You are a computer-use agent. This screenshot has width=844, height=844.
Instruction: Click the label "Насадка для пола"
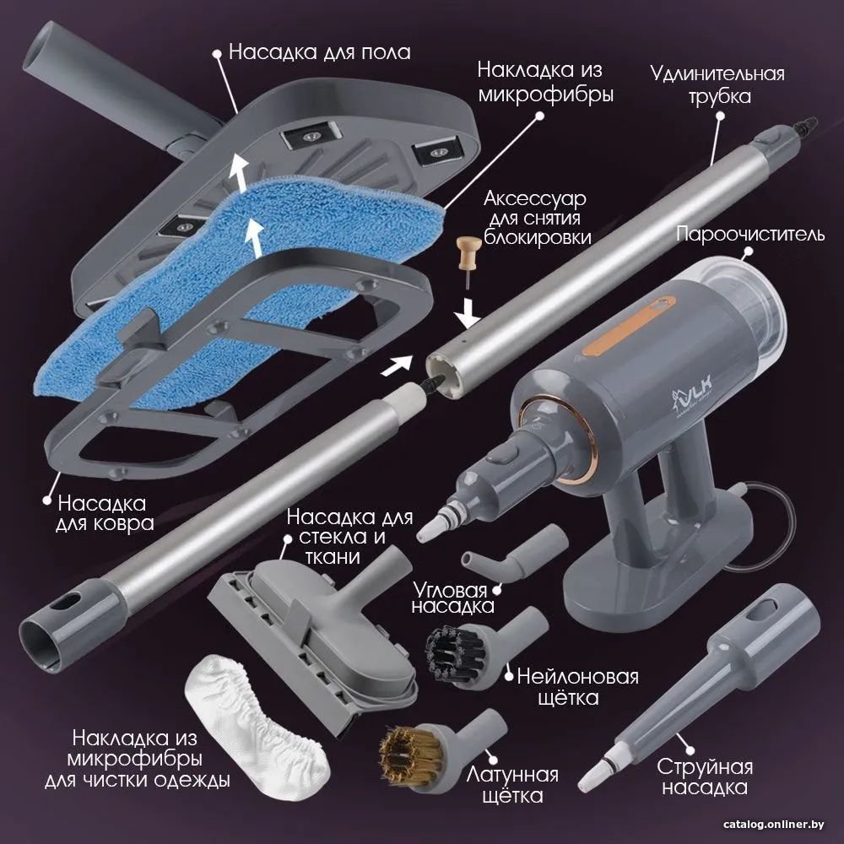[320, 52]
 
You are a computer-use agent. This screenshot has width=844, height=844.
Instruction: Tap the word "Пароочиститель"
[750, 234]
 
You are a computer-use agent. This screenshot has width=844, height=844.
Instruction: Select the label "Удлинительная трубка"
[717, 84]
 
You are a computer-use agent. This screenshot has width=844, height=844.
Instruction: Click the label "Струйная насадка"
[705, 776]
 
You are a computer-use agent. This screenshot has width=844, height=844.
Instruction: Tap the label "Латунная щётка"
[512, 785]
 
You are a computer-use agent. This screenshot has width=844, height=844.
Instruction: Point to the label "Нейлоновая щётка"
[577, 687]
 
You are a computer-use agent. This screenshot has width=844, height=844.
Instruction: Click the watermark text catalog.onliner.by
[773, 825]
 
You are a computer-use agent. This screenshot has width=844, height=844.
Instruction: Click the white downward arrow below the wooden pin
[468, 315]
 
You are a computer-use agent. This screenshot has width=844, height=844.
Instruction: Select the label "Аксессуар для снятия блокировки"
[537, 218]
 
